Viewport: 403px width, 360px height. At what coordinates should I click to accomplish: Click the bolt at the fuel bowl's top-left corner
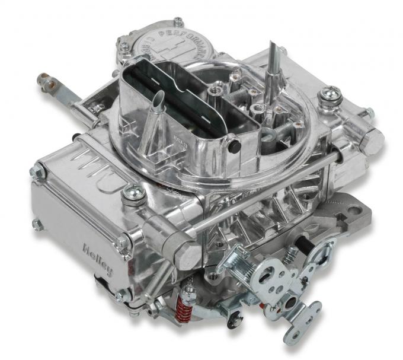pos(38,172)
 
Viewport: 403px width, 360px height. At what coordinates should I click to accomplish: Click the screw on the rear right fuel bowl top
pos(330,94)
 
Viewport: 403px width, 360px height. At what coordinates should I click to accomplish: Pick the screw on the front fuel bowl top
pos(133,192)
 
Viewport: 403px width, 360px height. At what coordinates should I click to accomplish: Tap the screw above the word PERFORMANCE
pos(178,21)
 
